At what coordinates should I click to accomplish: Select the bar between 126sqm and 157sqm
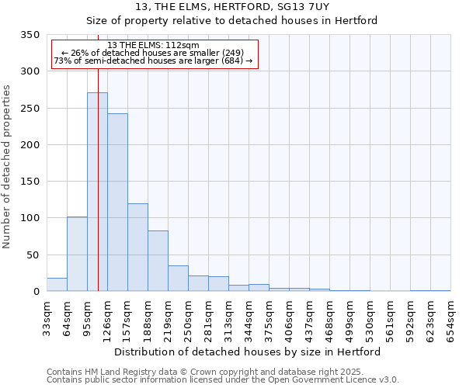[117, 203]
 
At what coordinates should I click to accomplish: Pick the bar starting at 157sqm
[137, 248]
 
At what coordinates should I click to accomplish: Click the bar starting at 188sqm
[158, 262]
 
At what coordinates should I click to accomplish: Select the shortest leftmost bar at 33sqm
[57, 285]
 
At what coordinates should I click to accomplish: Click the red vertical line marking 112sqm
[99, 155]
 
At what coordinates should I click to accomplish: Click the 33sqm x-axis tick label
[47, 318]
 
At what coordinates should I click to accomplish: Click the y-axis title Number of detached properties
[7, 167]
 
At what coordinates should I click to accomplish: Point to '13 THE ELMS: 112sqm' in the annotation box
[154, 46]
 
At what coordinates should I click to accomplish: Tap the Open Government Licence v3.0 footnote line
[223, 380]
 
